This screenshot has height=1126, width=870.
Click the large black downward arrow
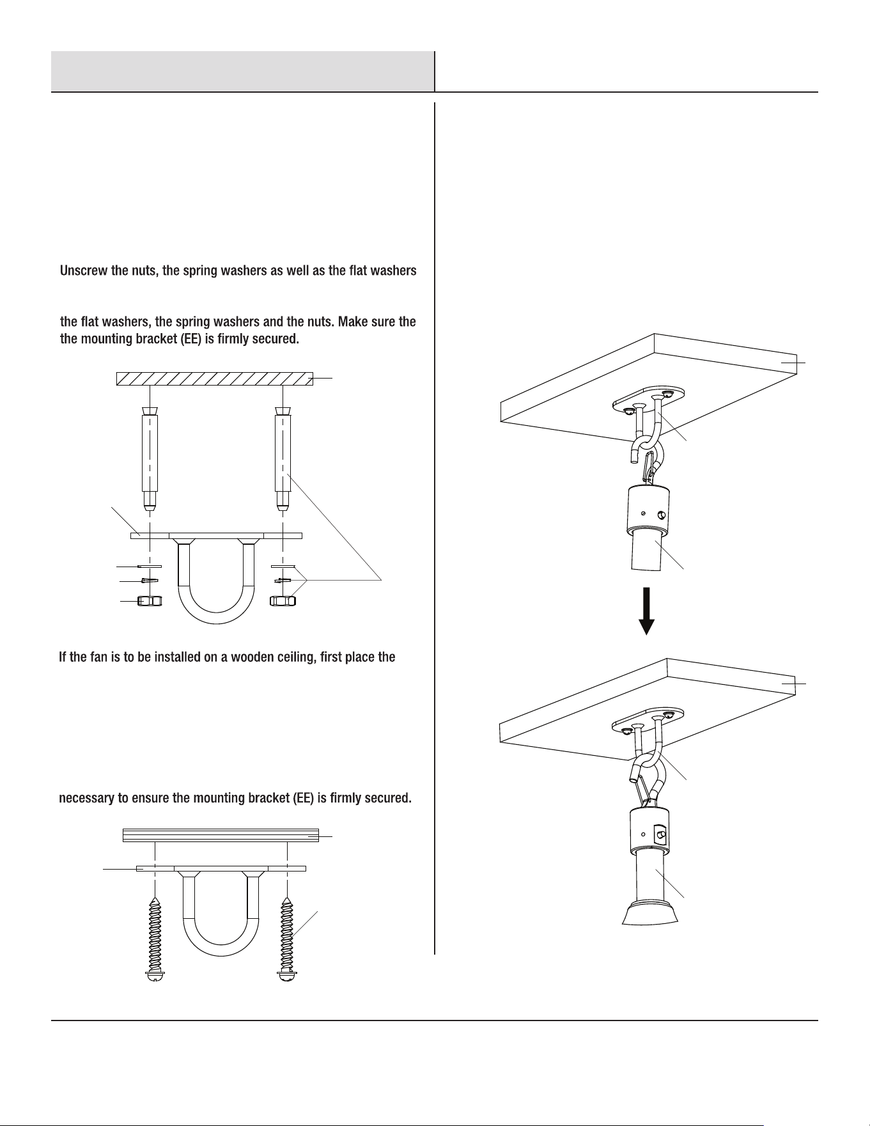point(647,611)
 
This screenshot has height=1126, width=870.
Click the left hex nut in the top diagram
point(150,601)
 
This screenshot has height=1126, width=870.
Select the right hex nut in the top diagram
point(282,601)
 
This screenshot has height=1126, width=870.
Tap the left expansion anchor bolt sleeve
point(150,458)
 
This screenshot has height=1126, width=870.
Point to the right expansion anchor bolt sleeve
point(282,458)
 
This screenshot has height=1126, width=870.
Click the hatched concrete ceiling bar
point(214,379)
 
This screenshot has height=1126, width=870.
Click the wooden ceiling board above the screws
point(221,835)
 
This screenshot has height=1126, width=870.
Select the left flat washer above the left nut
point(150,566)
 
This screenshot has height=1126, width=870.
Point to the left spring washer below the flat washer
point(150,581)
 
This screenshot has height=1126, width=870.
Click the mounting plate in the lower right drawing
point(648,719)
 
